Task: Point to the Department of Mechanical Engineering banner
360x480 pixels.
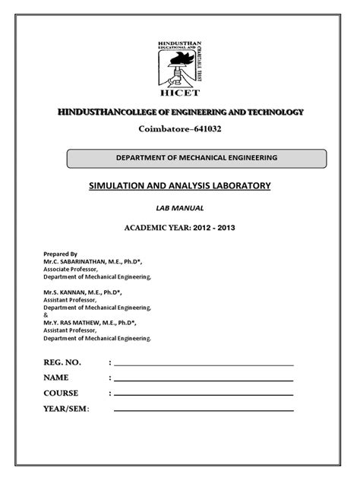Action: click(x=196, y=158)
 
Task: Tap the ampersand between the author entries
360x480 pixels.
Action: click(x=46, y=314)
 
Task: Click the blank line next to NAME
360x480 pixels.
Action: click(x=203, y=379)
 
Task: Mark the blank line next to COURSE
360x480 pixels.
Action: click(x=203, y=395)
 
